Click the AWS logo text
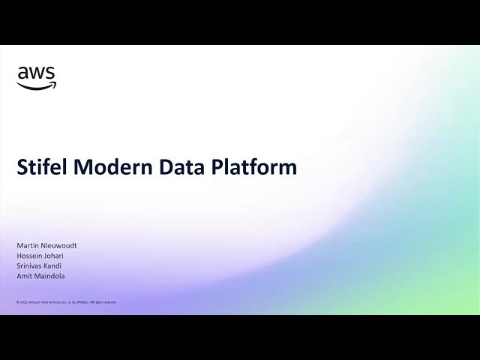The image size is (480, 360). (x=36, y=73)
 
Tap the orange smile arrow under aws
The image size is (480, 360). (x=36, y=85)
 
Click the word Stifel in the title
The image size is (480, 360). (x=42, y=167)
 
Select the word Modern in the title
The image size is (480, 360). (x=110, y=167)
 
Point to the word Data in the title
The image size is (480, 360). (x=181, y=167)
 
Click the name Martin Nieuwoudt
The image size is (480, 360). (x=46, y=246)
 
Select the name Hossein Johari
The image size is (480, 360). (x=40, y=256)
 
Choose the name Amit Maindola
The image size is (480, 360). (x=40, y=277)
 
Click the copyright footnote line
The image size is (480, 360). (x=67, y=302)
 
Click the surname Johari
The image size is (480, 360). (x=53, y=256)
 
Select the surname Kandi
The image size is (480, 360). (x=54, y=266)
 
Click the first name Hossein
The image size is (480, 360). (x=28, y=256)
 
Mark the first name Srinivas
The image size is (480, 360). (x=29, y=266)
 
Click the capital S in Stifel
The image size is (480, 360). (x=22, y=167)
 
